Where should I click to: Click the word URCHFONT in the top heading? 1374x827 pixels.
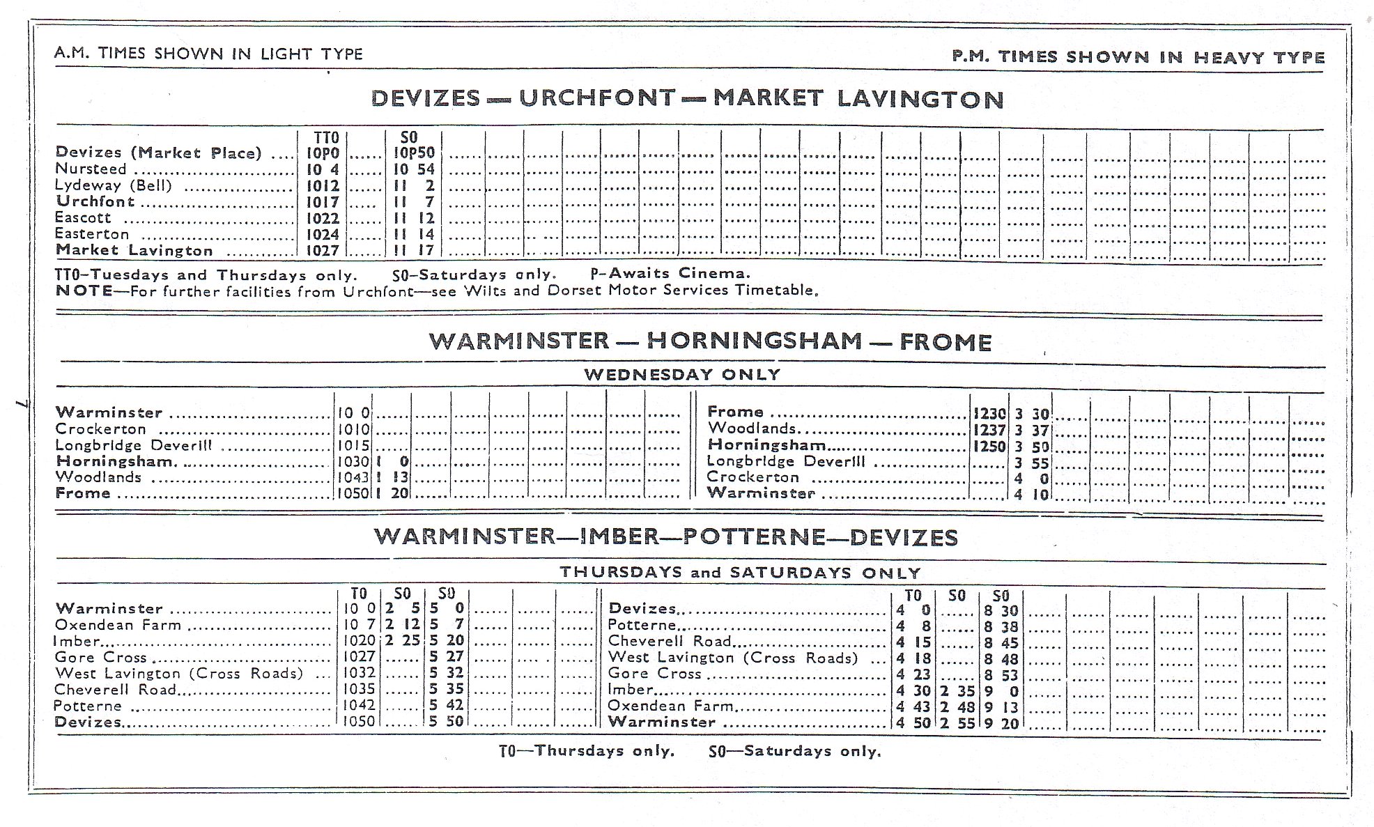point(597,98)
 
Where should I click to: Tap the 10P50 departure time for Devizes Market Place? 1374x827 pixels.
point(414,153)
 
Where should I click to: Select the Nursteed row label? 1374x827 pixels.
point(91,169)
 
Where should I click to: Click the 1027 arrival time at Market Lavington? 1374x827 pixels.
point(323,251)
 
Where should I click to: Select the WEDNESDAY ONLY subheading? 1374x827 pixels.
point(682,374)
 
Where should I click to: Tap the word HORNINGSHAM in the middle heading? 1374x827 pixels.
point(754,341)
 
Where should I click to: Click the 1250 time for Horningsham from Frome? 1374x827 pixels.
point(989,447)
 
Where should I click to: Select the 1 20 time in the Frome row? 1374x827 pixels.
point(393,494)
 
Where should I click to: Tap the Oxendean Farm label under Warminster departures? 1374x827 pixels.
point(118,625)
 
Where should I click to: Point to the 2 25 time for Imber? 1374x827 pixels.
point(402,640)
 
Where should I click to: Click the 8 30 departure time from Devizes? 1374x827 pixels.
point(1001,610)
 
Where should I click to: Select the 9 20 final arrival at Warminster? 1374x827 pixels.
point(1001,724)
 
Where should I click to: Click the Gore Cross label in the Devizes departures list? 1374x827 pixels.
point(654,673)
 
